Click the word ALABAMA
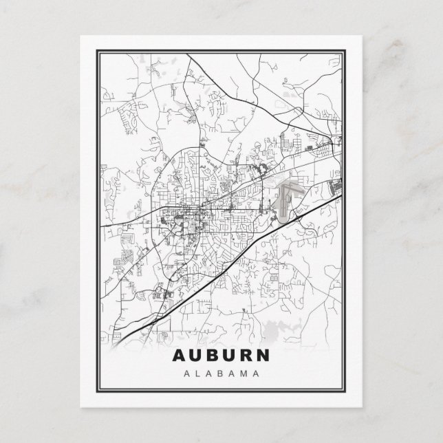point(221,375)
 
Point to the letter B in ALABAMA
point(221,375)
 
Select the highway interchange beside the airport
point(301,216)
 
